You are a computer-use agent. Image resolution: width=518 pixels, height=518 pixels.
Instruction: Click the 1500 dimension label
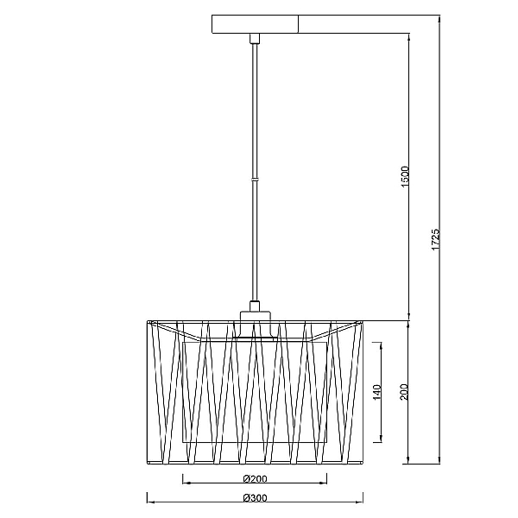click(405, 177)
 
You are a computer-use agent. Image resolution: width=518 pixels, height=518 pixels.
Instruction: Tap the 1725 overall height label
click(436, 239)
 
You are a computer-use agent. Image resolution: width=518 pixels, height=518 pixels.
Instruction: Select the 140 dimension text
click(377, 392)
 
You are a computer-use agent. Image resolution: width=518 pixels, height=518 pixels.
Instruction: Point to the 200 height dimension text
click(404, 392)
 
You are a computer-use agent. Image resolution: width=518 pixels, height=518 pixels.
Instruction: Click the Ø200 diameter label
click(255, 478)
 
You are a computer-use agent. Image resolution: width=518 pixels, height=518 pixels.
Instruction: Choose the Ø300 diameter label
click(255, 497)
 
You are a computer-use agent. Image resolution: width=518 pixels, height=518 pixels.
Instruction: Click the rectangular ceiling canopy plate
click(255, 24)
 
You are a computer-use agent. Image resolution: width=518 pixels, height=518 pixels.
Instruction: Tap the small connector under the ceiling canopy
click(255, 38)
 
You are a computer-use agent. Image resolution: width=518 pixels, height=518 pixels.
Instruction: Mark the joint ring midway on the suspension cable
click(255, 180)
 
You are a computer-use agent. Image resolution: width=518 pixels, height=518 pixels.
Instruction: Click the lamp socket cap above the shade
click(255, 316)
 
